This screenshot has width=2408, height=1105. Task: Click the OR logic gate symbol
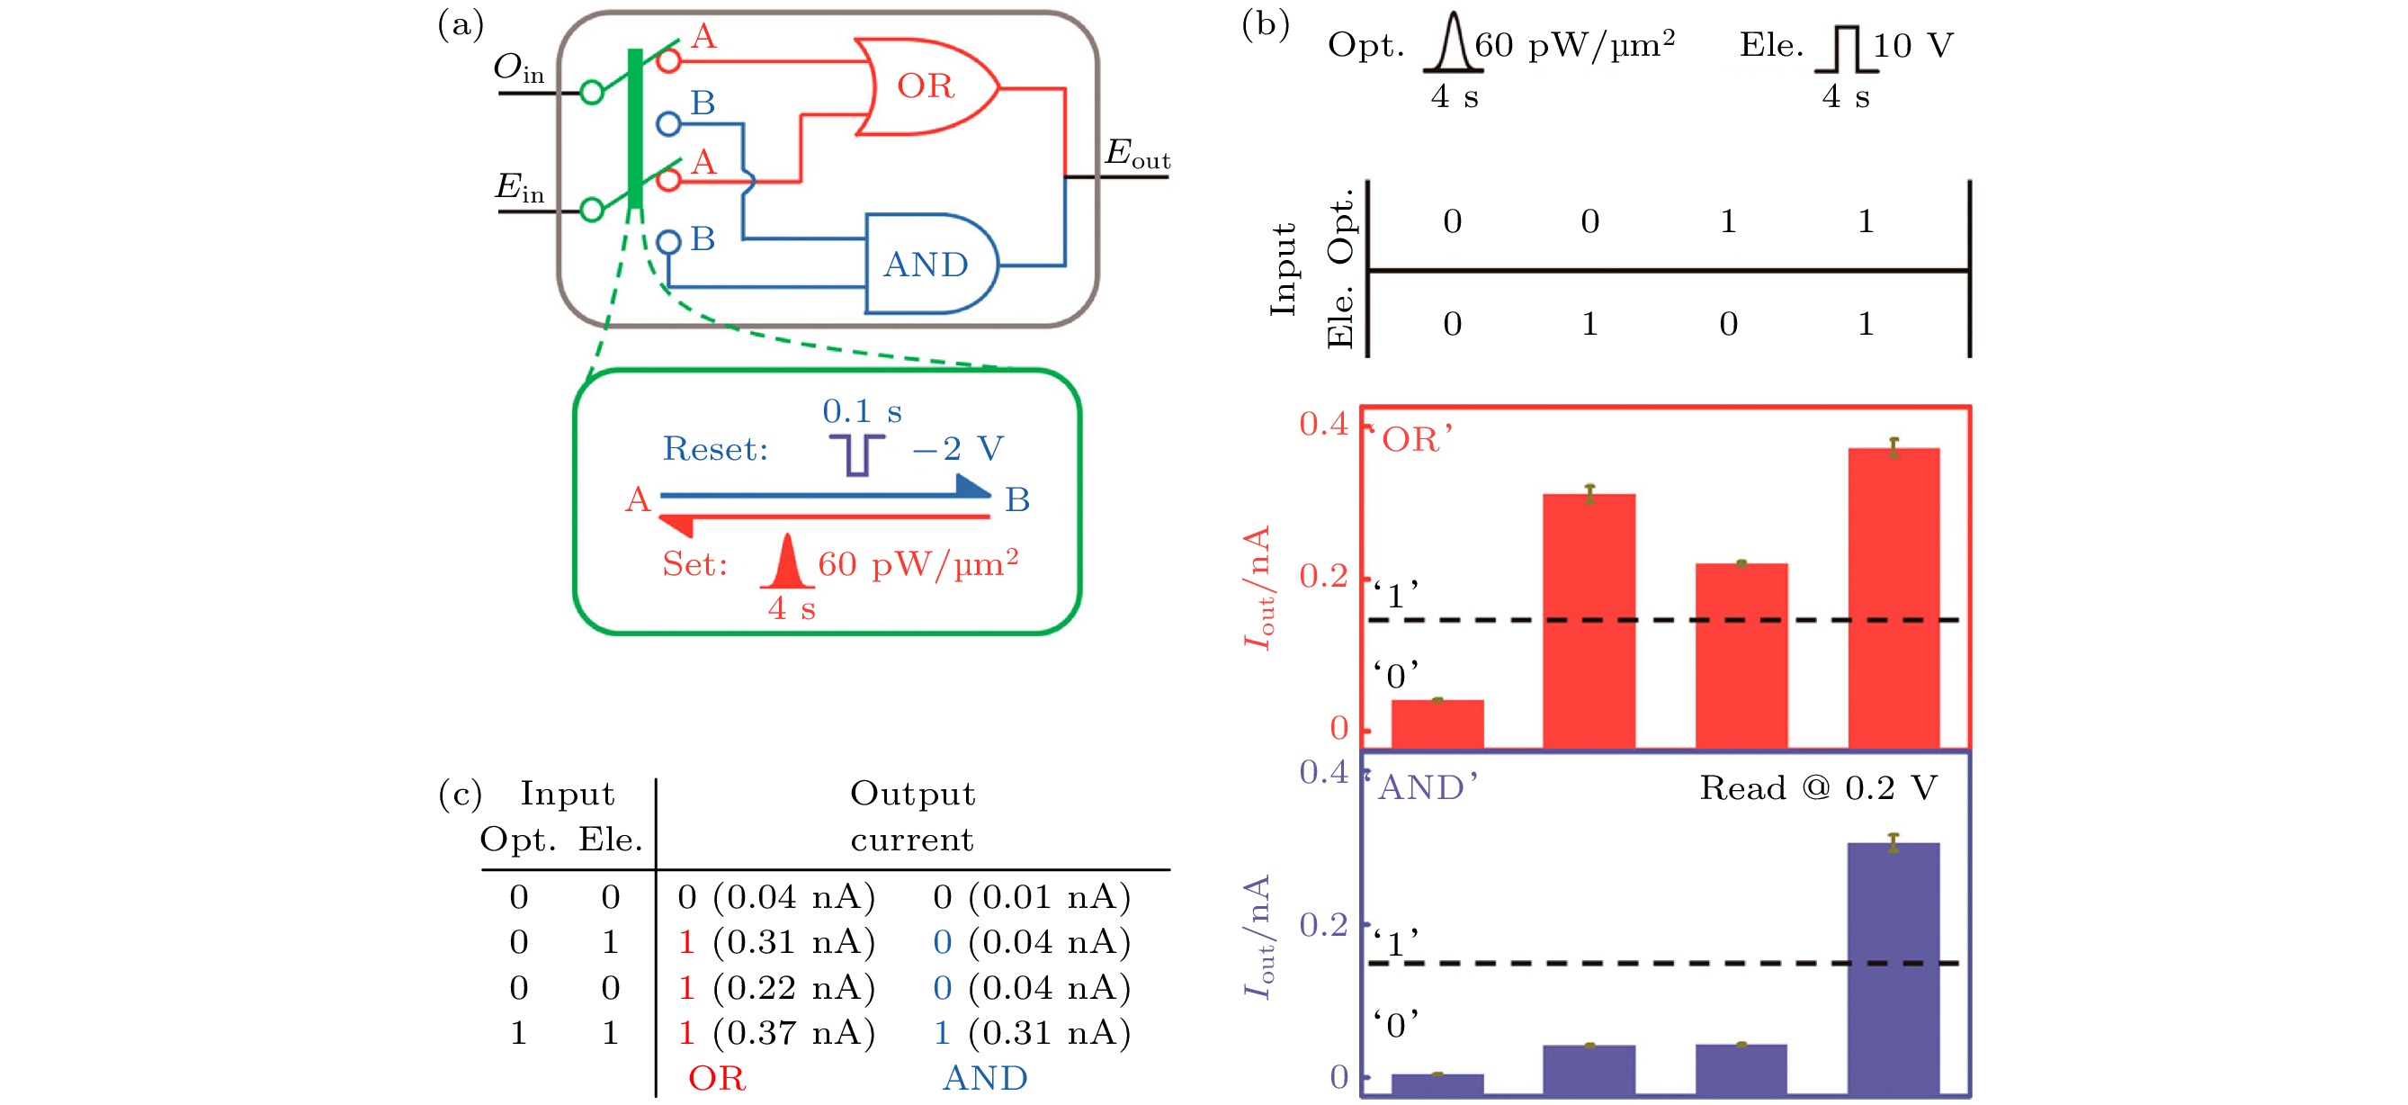[x=926, y=87]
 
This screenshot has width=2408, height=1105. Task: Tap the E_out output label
[x=1138, y=154]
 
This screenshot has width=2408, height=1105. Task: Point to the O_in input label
[x=519, y=68]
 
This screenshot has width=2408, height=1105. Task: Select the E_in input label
[x=520, y=188]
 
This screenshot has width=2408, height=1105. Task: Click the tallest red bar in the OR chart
[x=1893, y=597]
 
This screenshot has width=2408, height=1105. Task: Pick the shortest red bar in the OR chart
[x=1437, y=723]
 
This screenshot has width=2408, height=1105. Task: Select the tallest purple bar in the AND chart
[x=1893, y=968]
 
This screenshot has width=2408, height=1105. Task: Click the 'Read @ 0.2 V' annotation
[x=1818, y=788]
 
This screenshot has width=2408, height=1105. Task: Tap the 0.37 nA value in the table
[x=793, y=1033]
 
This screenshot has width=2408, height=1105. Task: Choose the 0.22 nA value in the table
[x=793, y=988]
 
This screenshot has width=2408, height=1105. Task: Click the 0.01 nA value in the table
[x=1050, y=897]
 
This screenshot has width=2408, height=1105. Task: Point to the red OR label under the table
[x=717, y=1079]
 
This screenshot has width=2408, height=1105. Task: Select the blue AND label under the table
[x=985, y=1079]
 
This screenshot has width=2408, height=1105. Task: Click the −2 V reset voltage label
[x=958, y=449]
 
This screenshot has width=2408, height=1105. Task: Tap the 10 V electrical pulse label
[x=1912, y=45]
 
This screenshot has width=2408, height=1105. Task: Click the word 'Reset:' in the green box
[x=715, y=450]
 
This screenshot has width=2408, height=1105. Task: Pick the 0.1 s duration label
[x=862, y=411]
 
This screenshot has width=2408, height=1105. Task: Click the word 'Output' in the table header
[x=912, y=794]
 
